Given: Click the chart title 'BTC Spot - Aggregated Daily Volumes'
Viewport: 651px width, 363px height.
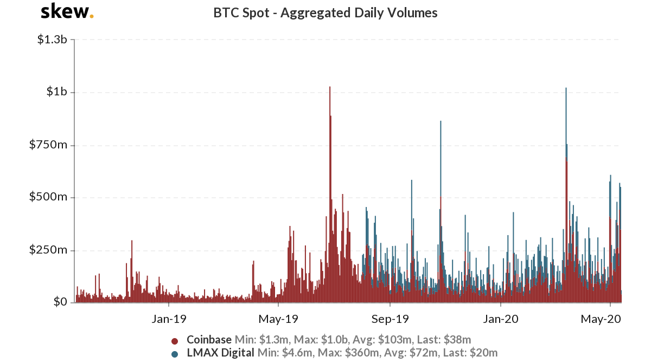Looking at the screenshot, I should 325,13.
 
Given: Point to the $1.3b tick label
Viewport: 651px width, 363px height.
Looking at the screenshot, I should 52,40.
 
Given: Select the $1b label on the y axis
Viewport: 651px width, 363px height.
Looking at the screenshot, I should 56,92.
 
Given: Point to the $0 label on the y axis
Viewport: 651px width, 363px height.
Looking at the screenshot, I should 60,302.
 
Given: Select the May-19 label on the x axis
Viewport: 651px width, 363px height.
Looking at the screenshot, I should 277,319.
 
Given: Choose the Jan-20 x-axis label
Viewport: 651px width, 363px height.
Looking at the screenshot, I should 500,319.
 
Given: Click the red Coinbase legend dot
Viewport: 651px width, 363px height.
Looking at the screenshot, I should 175,341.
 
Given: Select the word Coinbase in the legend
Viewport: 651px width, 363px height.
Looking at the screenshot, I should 209,340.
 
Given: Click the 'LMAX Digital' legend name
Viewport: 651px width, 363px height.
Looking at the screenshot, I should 220,353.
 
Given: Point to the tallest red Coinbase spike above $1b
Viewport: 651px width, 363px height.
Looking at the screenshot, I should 329,88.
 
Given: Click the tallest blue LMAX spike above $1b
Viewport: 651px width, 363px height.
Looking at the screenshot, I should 566,89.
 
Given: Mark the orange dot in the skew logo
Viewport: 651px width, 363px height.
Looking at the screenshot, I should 91,16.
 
